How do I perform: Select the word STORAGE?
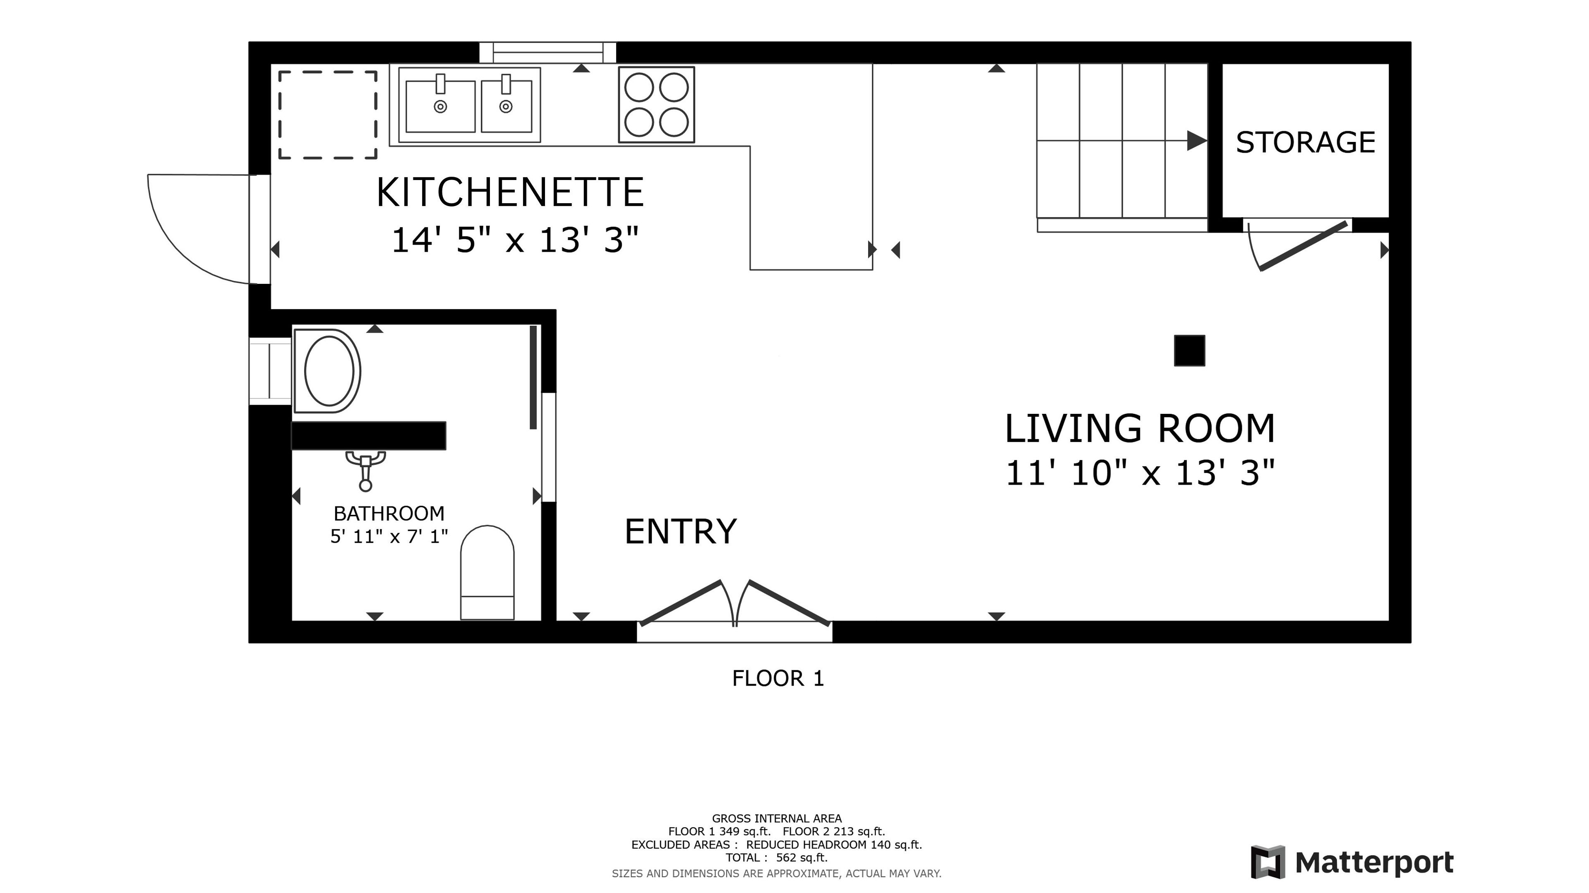(x=1305, y=142)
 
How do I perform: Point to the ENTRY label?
(x=680, y=532)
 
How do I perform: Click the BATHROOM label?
(x=389, y=513)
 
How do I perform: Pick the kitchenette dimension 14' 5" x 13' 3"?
(x=514, y=240)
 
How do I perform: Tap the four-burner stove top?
(x=656, y=105)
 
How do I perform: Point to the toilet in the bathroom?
(x=487, y=572)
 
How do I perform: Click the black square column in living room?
(x=1189, y=351)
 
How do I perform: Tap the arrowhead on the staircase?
(x=1197, y=141)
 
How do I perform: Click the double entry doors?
(x=734, y=603)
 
